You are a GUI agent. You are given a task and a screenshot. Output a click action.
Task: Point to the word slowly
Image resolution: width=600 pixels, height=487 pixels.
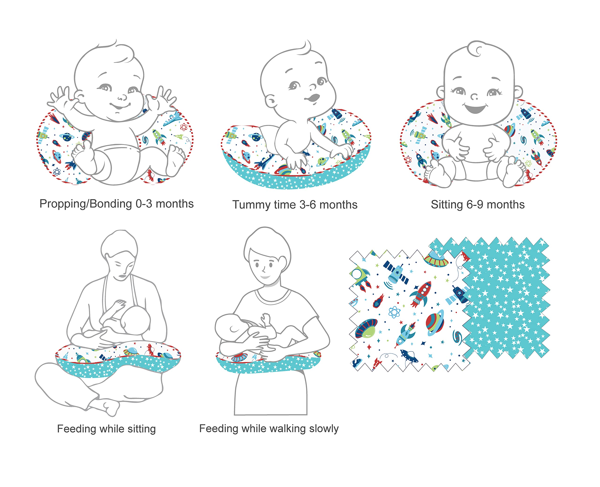(323, 428)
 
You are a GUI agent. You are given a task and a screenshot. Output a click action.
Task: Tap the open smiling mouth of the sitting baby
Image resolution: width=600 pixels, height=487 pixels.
(476, 108)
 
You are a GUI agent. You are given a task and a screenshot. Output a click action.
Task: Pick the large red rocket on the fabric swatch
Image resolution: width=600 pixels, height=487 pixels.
(420, 294)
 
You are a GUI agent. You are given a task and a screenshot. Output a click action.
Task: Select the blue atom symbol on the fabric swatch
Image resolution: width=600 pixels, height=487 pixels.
(394, 312)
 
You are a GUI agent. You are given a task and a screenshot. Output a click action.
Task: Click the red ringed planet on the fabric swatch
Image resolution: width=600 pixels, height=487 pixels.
(435, 322)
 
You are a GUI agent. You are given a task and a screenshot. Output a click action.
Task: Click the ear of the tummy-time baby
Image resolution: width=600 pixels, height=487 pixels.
(270, 101)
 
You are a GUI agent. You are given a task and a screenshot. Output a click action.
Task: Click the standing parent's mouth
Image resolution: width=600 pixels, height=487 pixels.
(265, 277)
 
